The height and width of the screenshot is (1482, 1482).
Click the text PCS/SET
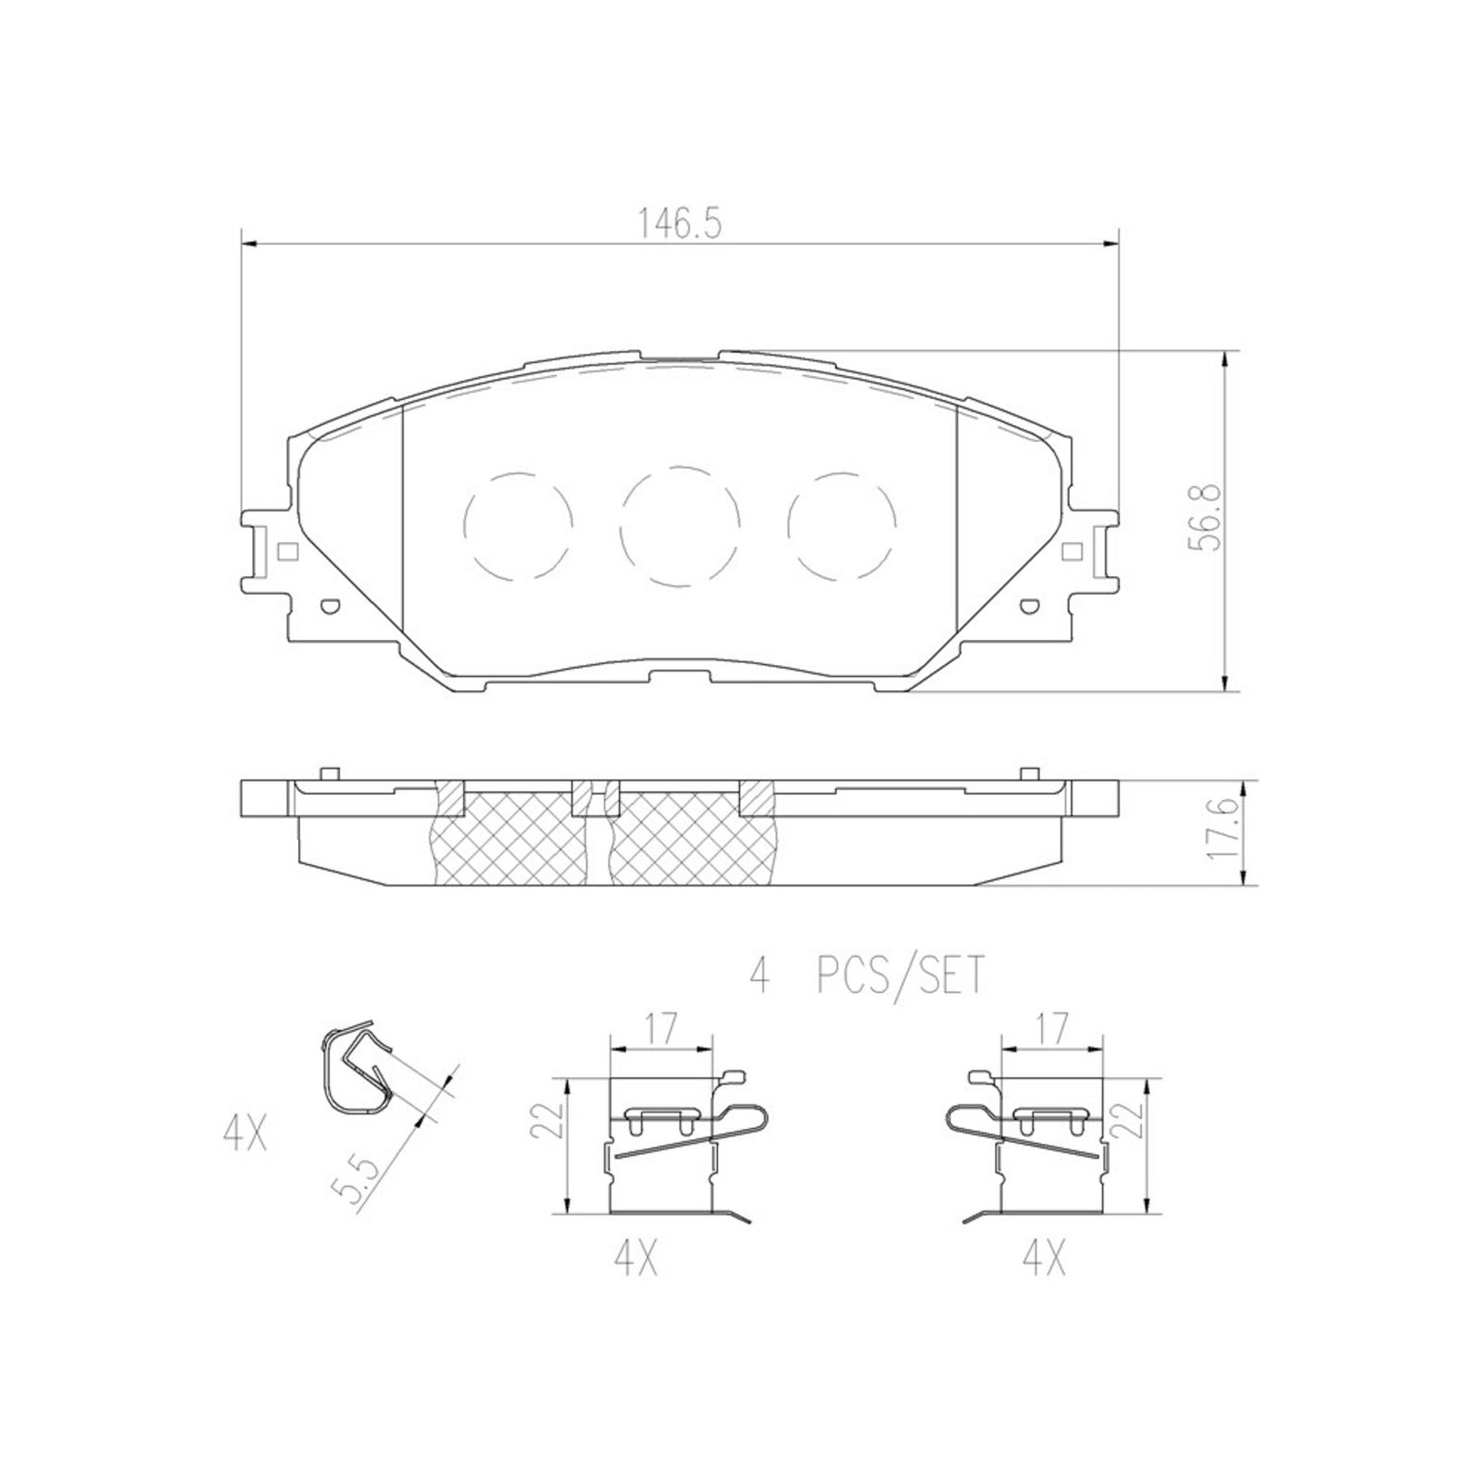898,977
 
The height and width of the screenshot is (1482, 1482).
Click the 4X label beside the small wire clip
245,1135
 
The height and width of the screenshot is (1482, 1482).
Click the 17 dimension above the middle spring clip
659,1028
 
